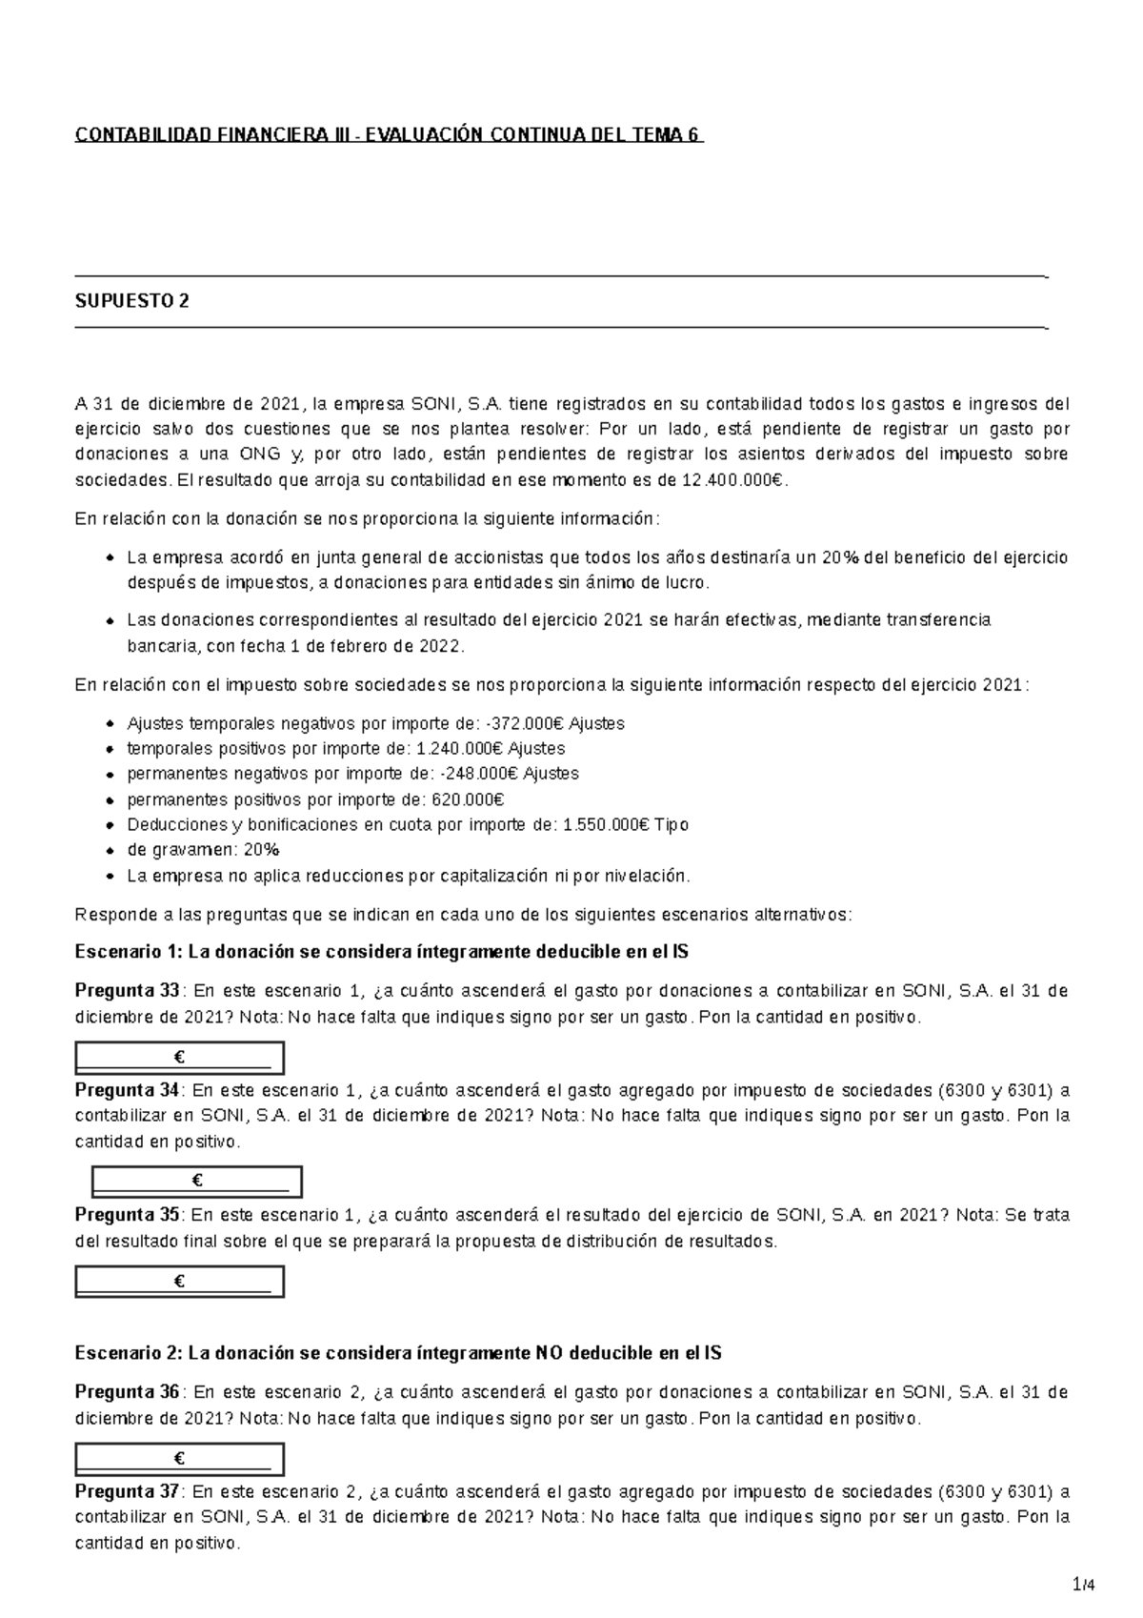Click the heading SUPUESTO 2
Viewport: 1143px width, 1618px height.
click(x=131, y=302)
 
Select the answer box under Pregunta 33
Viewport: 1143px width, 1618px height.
click(x=180, y=1058)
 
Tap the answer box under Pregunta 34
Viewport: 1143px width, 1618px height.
click(x=197, y=1182)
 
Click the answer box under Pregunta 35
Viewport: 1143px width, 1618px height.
click(x=180, y=1282)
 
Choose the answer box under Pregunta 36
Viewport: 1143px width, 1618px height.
click(x=180, y=1459)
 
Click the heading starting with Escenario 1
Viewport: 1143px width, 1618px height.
click(x=381, y=952)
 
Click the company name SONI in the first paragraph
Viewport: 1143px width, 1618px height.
click(x=432, y=404)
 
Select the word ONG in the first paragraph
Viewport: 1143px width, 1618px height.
click(x=260, y=455)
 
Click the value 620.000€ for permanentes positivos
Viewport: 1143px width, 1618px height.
click(x=468, y=799)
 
